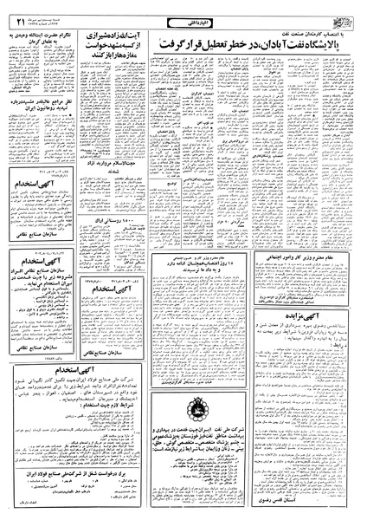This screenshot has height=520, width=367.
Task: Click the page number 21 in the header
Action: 16,10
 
